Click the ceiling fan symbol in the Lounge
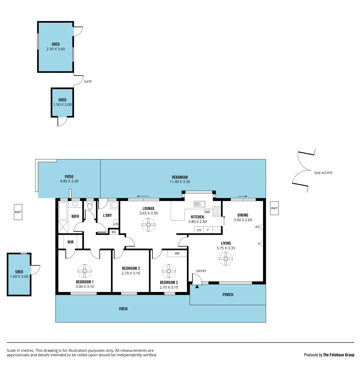click(148, 225)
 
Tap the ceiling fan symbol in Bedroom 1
click(85, 271)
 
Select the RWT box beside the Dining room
click(274, 209)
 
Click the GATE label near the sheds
click(88, 81)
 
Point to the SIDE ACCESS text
click(323, 173)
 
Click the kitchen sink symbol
click(199, 204)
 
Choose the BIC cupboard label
click(114, 232)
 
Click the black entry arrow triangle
click(197, 286)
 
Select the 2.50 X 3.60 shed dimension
click(55, 49)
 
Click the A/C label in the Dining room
click(258, 227)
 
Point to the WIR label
click(70, 242)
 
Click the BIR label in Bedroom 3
click(177, 253)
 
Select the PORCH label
click(228, 295)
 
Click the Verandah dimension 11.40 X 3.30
click(180, 181)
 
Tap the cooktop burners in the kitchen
click(217, 211)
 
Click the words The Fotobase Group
click(339, 355)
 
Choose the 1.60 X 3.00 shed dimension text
click(19, 276)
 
